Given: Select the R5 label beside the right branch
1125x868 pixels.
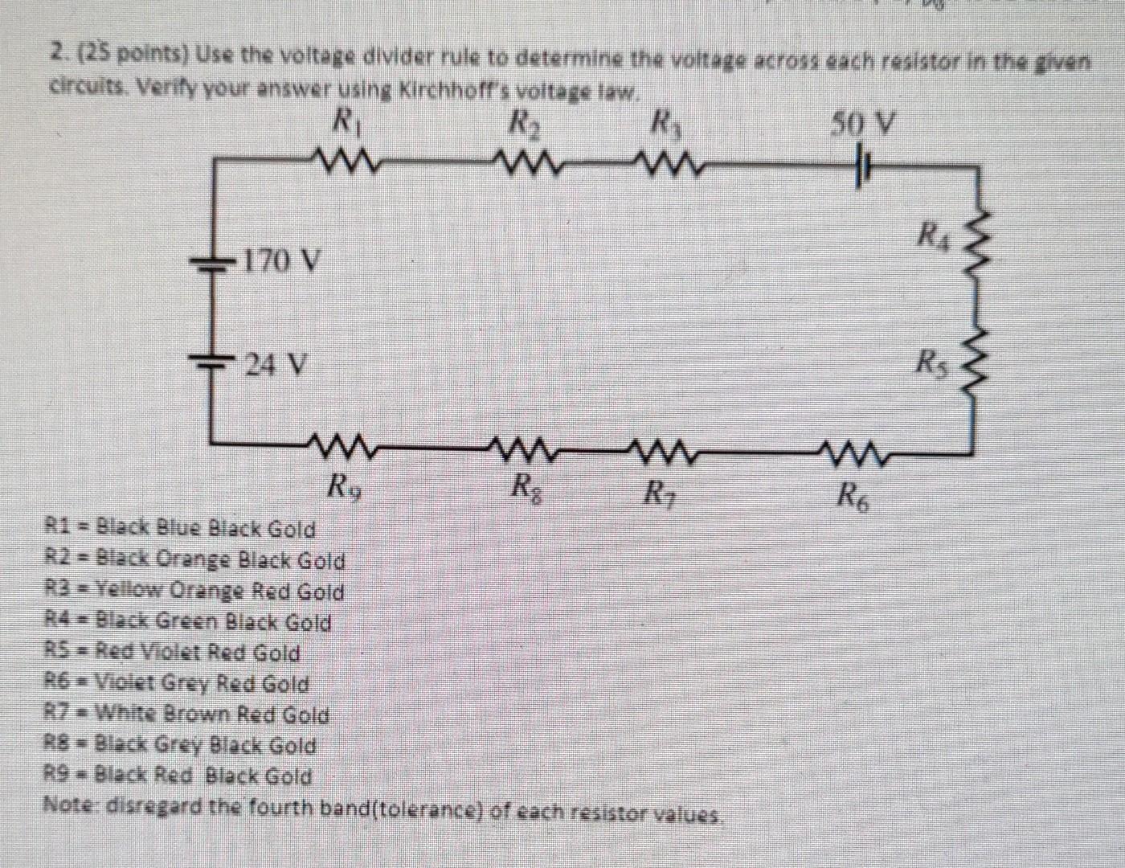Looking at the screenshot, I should click(x=934, y=363).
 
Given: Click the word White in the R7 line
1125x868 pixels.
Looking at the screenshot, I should click(x=127, y=714).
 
